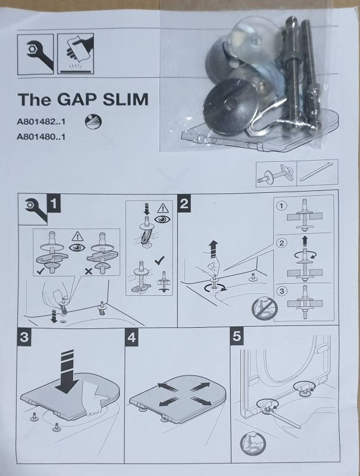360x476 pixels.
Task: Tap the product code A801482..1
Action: point(41,122)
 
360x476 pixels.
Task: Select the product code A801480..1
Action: point(41,137)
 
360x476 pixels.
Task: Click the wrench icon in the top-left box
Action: point(36,54)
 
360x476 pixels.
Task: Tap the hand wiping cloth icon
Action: point(76,54)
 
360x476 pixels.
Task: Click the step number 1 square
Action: point(54,203)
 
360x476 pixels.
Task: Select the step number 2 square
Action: point(184,203)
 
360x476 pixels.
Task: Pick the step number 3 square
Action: point(24,337)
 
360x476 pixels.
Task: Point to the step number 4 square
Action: point(132,337)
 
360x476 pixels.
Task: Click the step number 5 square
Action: point(237,336)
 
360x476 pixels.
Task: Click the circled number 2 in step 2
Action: point(282,243)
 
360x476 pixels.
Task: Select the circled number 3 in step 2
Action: point(281,291)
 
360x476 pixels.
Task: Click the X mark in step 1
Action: point(89,271)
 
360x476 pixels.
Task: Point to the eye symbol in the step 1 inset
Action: point(77,248)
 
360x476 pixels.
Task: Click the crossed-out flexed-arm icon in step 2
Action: point(265,308)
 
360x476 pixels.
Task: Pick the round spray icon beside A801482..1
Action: point(93,122)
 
